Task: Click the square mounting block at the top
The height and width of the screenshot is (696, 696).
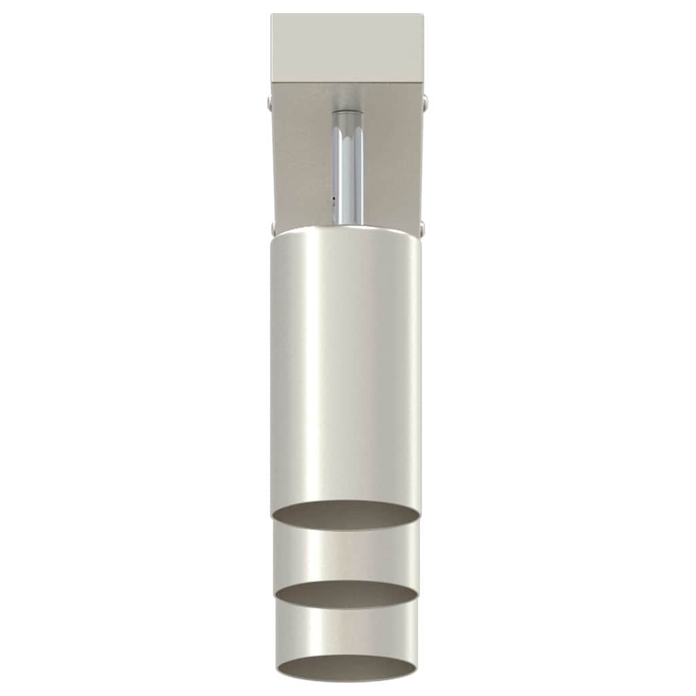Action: pos(347,48)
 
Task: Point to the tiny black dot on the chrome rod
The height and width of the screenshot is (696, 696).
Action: pos(334,199)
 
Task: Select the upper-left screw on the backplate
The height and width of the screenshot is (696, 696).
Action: pos(271,103)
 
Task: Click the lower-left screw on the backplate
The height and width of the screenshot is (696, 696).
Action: pos(272,227)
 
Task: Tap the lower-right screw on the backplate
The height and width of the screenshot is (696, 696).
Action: pos(423,227)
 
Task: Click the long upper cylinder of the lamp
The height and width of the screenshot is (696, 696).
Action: pos(347,367)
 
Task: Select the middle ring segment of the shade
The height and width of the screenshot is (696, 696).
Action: pos(347,554)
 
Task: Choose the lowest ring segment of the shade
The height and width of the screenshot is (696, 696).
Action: pos(347,629)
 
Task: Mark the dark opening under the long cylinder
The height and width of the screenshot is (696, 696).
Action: pos(347,517)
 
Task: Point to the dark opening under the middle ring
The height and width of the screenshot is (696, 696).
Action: pos(347,594)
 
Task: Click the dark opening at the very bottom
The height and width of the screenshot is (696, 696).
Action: pos(347,667)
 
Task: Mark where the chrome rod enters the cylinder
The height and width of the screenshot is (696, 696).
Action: pos(347,224)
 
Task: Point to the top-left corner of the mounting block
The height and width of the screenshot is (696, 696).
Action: pos(272,15)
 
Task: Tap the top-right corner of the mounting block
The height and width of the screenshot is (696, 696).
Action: pos(423,15)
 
